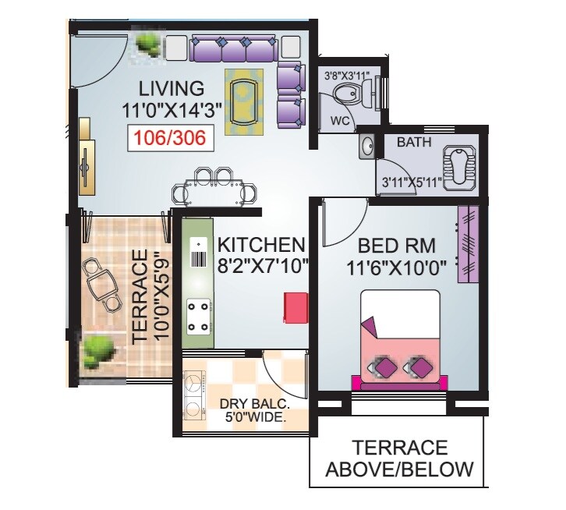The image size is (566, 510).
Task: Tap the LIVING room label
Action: click(x=171, y=87)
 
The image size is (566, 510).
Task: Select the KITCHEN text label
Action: click(x=260, y=243)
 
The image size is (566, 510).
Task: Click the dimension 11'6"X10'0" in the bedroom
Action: click(x=396, y=268)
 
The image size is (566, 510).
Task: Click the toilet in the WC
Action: click(x=349, y=95)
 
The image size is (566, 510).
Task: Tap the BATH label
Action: click(x=416, y=143)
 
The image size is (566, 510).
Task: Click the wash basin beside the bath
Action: click(x=366, y=147)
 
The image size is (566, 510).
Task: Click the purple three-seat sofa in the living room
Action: click(x=234, y=51)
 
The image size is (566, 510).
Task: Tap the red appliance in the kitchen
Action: click(x=295, y=306)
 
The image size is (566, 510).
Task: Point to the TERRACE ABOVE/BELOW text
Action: click(x=399, y=459)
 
